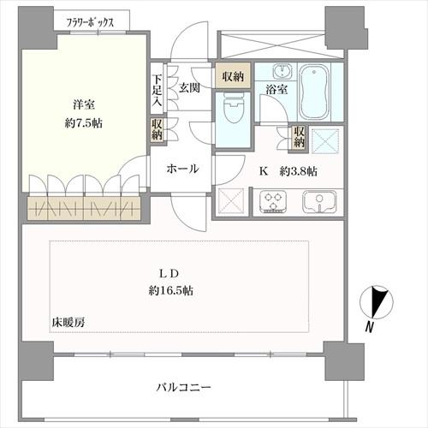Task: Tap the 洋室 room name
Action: [x=83, y=105]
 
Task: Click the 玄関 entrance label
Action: [x=189, y=87]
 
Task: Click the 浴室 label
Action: [x=276, y=88]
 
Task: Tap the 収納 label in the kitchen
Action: [x=299, y=137]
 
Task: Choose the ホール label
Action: [x=183, y=169]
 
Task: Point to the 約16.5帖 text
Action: [x=169, y=291]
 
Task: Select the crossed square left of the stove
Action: [x=232, y=201]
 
